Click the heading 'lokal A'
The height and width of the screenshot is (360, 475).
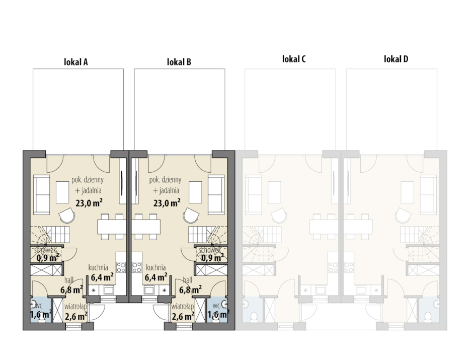(76, 62)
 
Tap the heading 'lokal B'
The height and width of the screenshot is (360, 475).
(179, 62)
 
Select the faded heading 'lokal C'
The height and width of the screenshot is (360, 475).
(294, 59)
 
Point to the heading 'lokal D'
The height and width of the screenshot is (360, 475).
(396, 59)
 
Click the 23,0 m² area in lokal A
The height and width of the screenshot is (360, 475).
(89, 202)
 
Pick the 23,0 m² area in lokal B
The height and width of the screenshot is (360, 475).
(167, 202)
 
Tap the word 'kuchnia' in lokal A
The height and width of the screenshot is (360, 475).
(98, 267)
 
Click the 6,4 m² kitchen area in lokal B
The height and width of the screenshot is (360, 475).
(156, 276)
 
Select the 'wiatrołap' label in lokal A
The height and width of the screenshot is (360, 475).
(76, 306)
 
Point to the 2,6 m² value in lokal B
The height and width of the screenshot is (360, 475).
(183, 316)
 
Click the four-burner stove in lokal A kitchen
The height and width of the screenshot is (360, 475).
(121, 267)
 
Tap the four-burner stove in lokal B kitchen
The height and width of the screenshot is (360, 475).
(137, 267)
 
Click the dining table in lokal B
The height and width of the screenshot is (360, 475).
(146, 227)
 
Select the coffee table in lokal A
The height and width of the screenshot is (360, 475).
(62, 192)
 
